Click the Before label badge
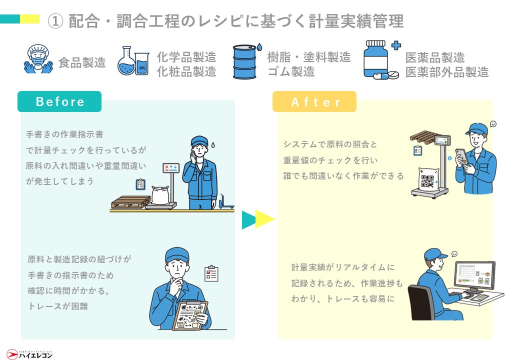59,101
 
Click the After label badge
314,102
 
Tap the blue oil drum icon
245,62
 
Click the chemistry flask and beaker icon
133,61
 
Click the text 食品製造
82,63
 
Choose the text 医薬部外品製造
446,72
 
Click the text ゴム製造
290,72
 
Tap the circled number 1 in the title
55,21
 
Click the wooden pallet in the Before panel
130,201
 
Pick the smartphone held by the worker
461,155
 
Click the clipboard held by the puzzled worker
189,315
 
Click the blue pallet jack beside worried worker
225,203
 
